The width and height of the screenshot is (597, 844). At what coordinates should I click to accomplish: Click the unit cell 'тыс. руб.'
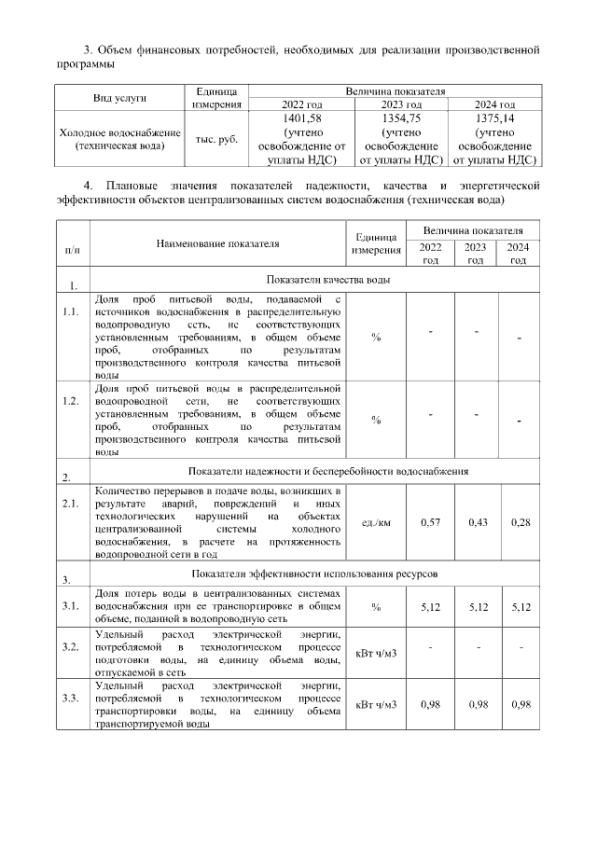click(x=216, y=139)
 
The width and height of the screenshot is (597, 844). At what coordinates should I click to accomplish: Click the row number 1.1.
click(x=70, y=311)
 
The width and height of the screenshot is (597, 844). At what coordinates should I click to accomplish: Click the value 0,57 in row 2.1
click(x=430, y=522)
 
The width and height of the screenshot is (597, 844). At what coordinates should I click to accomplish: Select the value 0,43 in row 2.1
click(x=477, y=522)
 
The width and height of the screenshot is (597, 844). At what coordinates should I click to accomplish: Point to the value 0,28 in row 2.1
click(x=521, y=522)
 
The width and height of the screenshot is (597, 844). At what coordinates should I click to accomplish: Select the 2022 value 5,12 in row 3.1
click(x=430, y=607)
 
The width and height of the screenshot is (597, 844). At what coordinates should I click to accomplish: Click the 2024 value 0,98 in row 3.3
click(x=521, y=704)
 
